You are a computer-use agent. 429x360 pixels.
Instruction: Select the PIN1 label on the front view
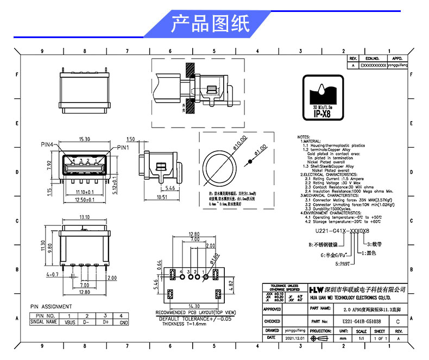click(123, 147)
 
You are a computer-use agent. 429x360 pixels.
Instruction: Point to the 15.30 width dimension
click(85, 139)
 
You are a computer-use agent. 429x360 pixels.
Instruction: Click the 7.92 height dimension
click(49, 165)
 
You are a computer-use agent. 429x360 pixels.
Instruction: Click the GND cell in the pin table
click(124, 322)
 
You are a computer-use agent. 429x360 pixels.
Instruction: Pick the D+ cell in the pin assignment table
click(105, 321)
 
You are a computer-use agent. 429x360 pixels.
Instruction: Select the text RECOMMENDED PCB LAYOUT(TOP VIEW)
click(196, 313)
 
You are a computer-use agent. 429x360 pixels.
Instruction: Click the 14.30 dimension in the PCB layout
click(193, 307)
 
